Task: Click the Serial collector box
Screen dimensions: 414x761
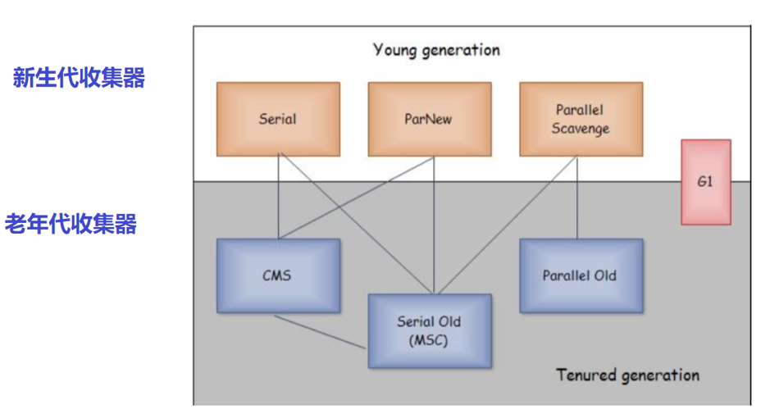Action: click(x=277, y=119)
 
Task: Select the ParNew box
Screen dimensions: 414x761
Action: click(x=429, y=119)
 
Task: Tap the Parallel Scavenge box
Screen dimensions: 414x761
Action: click(x=581, y=119)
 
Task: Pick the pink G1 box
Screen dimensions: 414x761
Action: click(x=705, y=182)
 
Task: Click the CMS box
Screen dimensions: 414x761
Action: click(x=277, y=275)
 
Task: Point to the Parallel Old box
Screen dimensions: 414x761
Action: click(x=580, y=275)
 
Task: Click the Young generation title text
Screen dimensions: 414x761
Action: click(x=436, y=50)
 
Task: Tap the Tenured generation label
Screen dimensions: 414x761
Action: click(x=627, y=375)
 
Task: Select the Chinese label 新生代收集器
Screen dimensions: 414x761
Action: click(x=79, y=79)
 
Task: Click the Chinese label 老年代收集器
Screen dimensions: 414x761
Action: click(x=71, y=224)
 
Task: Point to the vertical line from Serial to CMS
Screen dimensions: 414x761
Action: click(x=278, y=197)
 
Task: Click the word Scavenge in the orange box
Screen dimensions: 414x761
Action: click(x=581, y=129)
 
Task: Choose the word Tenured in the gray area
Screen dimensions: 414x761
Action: click(x=586, y=375)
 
